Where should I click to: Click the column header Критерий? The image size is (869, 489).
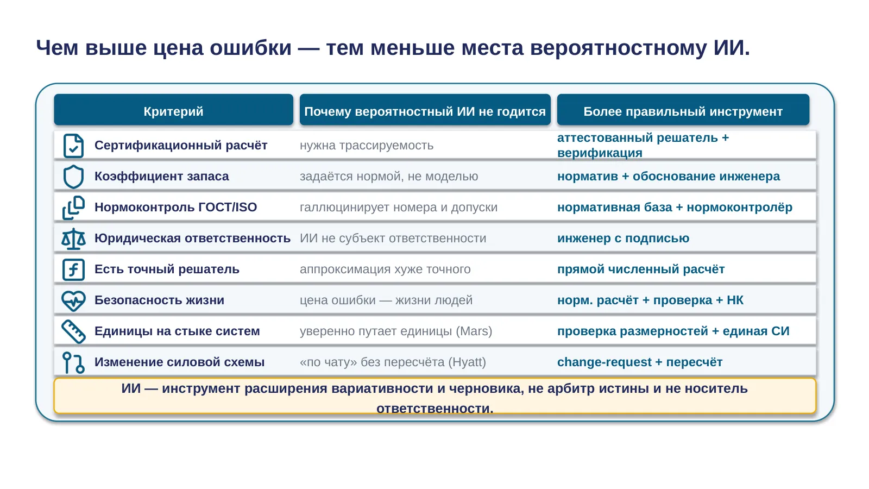pyautogui.click(x=173, y=111)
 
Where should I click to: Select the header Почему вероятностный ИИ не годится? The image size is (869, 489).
pyautogui.click(x=425, y=111)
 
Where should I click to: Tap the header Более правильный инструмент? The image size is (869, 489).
pyautogui.click(x=683, y=111)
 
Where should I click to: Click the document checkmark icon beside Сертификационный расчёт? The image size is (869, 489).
pyautogui.click(x=73, y=146)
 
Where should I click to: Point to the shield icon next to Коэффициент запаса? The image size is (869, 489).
pyautogui.click(x=73, y=177)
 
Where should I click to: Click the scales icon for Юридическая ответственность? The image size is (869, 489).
pyautogui.click(x=73, y=239)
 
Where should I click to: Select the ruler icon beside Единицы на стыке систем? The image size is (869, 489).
pyautogui.click(x=73, y=331)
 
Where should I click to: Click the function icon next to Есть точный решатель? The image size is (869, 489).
pyautogui.click(x=73, y=269)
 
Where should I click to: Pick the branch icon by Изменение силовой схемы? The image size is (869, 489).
pyautogui.click(x=73, y=362)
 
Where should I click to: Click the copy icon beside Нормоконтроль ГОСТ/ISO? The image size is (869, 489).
pyautogui.click(x=73, y=208)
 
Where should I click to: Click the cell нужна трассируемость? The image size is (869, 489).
pyautogui.click(x=367, y=145)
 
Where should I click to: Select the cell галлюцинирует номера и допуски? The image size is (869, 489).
pyautogui.click(x=399, y=207)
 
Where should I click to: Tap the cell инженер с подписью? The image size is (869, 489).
pyautogui.click(x=624, y=238)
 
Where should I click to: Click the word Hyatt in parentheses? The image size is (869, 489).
pyautogui.click(x=467, y=362)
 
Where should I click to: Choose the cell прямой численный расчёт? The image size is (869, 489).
pyautogui.click(x=641, y=269)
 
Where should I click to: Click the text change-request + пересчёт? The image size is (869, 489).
pyautogui.click(x=640, y=362)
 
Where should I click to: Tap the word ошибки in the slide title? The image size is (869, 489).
pyautogui.click(x=250, y=48)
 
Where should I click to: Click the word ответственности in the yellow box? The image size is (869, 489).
pyautogui.click(x=434, y=409)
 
